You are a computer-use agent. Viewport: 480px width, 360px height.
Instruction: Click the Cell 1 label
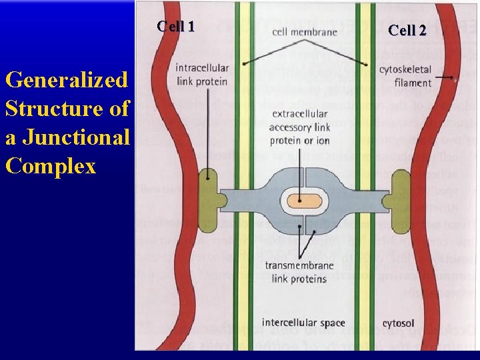tap(176, 27)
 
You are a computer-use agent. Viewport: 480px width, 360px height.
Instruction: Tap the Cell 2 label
tap(407, 30)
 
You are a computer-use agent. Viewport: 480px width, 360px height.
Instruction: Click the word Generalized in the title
tap(65, 80)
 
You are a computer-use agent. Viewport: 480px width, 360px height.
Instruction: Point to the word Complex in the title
tap(51, 165)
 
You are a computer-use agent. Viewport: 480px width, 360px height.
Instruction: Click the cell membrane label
tap(305, 31)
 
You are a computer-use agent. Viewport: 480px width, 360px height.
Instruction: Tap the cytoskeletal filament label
tap(405, 75)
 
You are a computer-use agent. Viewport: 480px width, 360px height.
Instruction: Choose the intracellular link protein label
tap(201, 75)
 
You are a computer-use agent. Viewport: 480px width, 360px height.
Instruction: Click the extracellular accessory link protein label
tap(300, 127)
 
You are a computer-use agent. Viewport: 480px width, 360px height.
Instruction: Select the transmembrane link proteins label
tap(299, 271)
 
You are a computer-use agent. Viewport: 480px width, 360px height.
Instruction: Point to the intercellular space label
tap(303, 323)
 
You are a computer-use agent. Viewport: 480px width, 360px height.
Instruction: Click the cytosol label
tap(398, 324)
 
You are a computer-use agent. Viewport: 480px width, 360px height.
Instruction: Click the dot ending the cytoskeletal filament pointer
tap(453, 78)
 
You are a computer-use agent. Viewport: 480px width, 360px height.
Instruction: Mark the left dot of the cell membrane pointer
tap(245, 63)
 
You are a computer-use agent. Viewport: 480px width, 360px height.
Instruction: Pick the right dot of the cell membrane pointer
tap(366, 64)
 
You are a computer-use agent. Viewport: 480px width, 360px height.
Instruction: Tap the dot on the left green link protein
tap(209, 178)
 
